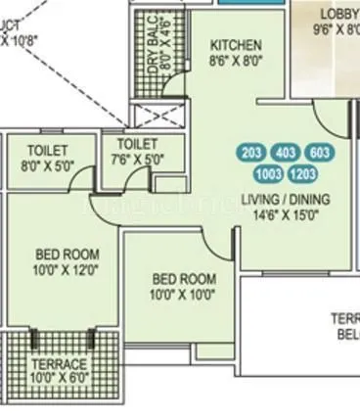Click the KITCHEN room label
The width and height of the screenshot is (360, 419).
pyautogui.click(x=237, y=45)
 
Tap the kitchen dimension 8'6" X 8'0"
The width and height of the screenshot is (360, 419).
pyautogui.click(x=237, y=60)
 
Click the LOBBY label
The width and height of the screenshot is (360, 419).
pyautogui.click(x=338, y=14)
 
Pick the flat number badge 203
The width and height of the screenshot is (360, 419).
pyautogui.click(x=251, y=153)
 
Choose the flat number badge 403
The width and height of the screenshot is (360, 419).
pyautogui.click(x=285, y=153)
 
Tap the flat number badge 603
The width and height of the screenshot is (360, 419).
pyautogui.click(x=318, y=153)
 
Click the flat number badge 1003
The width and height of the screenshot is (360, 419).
pyautogui.click(x=266, y=174)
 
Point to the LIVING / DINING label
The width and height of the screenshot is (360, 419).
pyautogui.click(x=286, y=199)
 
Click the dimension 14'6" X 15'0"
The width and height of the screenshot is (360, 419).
pyautogui.click(x=286, y=214)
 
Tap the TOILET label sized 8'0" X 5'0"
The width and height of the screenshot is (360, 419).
pyautogui.click(x=48, y=151)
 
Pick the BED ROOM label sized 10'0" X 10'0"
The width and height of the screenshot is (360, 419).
pyautogui.click(x=183, y=278)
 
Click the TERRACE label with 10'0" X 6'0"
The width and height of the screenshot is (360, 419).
pyautogui.click(x=63, y=363)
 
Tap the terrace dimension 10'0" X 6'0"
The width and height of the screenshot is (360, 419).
pyautogui.click(x=63, y=378)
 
